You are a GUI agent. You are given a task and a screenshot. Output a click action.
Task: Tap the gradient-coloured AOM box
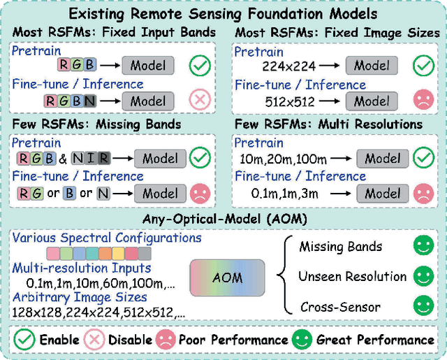tap(227, 278)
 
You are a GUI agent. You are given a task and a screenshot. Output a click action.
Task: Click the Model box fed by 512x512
tap(372, 101)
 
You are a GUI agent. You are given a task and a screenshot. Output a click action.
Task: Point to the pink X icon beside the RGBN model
tap(200, 100)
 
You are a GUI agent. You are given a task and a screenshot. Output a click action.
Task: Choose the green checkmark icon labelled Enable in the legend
tap(24, 340)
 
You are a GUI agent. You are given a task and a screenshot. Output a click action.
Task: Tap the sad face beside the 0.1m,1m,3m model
tap(423, 193)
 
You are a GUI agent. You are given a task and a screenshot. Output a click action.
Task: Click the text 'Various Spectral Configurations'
tap(107, 238)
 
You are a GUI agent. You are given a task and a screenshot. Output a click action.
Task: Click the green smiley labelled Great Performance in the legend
tap(302, 340)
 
